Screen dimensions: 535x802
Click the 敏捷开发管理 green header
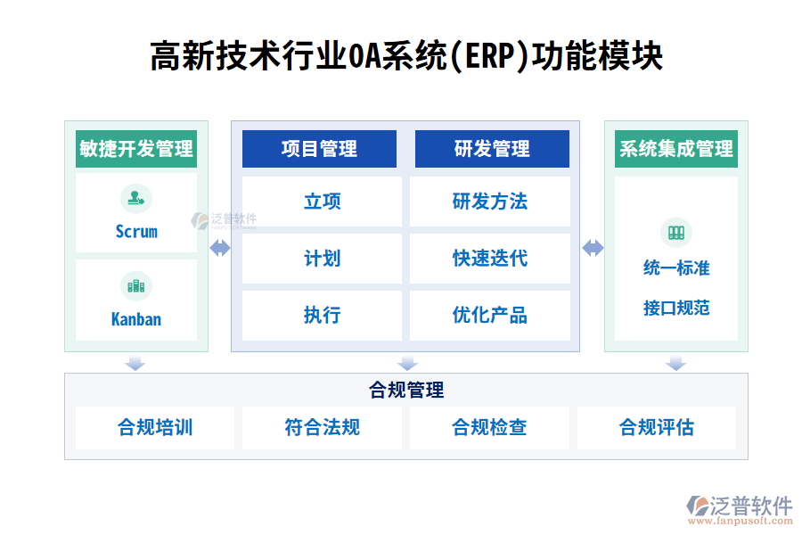tap(136, 149)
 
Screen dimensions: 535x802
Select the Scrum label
tap(136, 232)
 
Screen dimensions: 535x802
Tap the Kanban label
tap(136, 318)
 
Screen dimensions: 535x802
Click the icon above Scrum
tap(136, 199)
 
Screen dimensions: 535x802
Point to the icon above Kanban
tap(136, 286)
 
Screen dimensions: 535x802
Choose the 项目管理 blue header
tap(319, 149)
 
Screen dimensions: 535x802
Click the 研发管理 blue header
tap(492, 149)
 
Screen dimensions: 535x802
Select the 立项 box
tap(322, 202)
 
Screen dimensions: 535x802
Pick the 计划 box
tap(322, 259)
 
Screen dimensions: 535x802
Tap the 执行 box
tap(322, 316)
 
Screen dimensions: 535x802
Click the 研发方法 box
tap(490, 202)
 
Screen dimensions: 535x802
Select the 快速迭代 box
tap(490, 259)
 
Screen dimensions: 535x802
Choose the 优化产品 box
tap(490, 316)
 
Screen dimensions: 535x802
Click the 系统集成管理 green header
tap(676, 149)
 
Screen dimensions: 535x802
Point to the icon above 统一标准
tap(676, 233)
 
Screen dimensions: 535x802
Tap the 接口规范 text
tap(676, 309)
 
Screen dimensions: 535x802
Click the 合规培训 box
tap(155, 428)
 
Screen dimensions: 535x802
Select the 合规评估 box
tap(657, 428)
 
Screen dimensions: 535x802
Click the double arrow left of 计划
tap(220, 249)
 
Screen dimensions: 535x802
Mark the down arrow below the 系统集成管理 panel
tap(676, 363)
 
